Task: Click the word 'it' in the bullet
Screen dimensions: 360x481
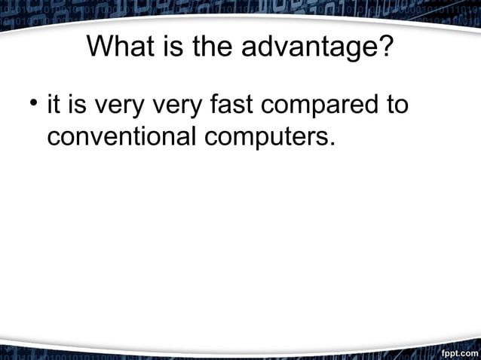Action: (x=54, y=104)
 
